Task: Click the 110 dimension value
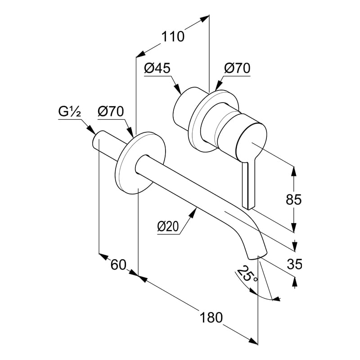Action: (x=173, y=36)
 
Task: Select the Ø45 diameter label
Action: (x=157, y=68)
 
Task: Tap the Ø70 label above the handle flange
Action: (x=237, y=68)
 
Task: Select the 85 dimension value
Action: (x=294, y=199)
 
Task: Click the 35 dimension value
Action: (x=294, y=264)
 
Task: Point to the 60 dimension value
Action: (x=118, y=265)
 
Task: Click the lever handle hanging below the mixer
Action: (x=248, y=184)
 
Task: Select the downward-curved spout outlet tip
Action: (x=256, y=250)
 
